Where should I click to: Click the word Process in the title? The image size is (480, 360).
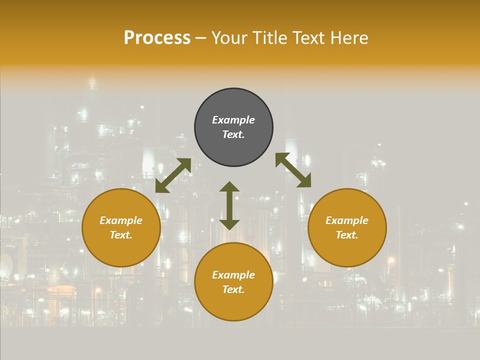click(157, 38)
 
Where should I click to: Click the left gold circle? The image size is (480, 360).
click(121, 250)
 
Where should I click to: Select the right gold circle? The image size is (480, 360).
click(347, 250)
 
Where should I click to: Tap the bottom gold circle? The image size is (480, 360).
click(233, 305)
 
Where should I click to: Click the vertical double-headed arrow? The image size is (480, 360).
click(229, 205)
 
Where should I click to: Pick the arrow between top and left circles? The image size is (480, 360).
click(173, 175)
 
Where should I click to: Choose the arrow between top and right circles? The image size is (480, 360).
click(293, 170)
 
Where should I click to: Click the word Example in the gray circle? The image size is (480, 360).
click(233, 120)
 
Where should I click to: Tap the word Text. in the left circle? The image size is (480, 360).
click(121, 235)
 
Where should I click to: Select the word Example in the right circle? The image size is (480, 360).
click(347, 220)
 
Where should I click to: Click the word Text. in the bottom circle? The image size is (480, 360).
click(233, 289)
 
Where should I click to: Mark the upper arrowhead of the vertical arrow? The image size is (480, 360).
click(229, 186)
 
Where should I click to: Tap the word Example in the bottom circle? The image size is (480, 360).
click(233, 275)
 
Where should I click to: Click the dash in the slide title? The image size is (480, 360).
click(200, 38)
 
